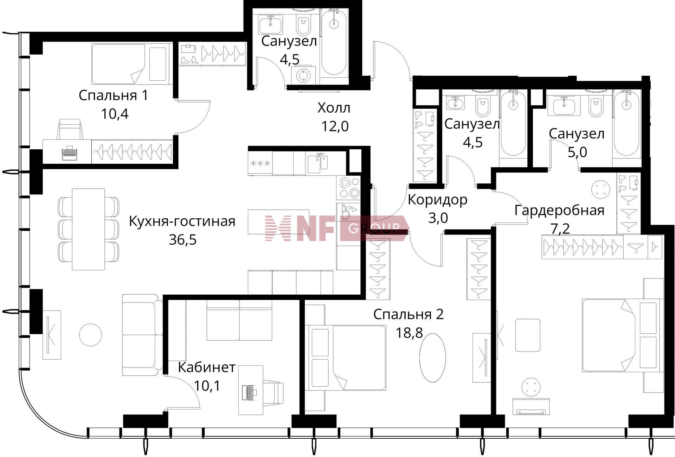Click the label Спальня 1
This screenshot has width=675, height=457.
113,95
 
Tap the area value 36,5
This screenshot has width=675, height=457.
182,240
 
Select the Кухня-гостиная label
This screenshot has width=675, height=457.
182,221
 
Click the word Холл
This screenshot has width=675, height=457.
334,108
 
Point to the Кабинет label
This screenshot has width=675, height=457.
206,368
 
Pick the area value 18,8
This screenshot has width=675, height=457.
409,332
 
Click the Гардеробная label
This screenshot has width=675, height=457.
559,210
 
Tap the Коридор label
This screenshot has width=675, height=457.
437,200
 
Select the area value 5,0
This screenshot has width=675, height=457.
577,152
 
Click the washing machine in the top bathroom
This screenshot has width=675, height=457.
303,75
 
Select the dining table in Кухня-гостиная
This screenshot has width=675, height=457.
88,229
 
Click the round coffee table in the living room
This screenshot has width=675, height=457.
90,335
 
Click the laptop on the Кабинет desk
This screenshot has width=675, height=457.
249,392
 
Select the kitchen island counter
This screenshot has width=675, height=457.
278,222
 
